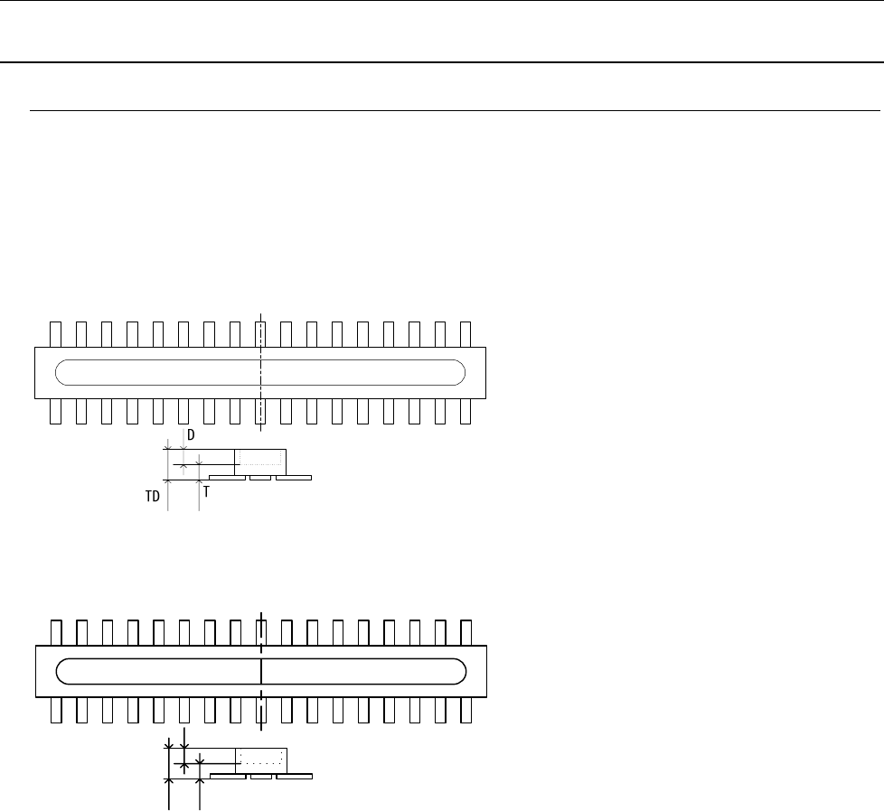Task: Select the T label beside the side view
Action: click(207, 491)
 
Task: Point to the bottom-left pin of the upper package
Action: click(54, 411)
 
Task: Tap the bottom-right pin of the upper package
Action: click(466, 411)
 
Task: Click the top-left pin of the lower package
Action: click(54, 632)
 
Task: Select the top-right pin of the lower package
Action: click(466, 632)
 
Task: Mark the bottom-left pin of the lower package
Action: click(54, 710)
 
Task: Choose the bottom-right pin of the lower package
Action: click(466, 710)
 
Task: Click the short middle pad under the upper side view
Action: click(260, 477)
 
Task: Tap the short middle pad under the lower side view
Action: click(261, 776)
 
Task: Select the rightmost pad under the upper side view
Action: click(294, 477)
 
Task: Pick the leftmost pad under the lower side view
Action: click(227, 776)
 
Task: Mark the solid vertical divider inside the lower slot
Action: click(260, 671)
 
